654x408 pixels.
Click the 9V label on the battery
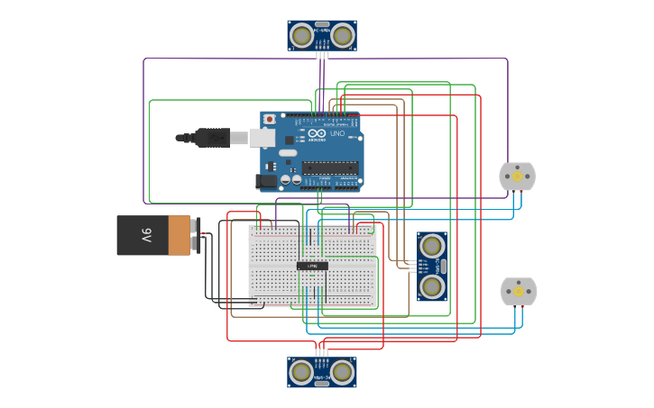[146, 235]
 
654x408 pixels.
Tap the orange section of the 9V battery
[180, 235]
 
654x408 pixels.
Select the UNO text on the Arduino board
[336, 133]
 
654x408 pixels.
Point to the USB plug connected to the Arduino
[212, 138]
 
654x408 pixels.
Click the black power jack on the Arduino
[266, 181]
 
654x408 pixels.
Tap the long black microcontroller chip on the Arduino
[330, 167]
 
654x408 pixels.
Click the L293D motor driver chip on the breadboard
[312, 266]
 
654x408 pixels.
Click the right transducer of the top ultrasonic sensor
[342, 35]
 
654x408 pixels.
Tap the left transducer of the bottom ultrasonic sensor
[301, 371]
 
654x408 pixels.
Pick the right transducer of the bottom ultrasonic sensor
[342, 371]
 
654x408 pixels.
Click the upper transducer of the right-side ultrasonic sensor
[432, 245]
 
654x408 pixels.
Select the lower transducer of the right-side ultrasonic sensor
[432, 287]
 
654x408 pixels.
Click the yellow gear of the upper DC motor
[517, 177]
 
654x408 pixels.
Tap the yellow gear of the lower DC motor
[518, 291]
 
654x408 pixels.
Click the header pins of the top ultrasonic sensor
[322, 55]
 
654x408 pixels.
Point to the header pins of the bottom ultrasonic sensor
[322, 352]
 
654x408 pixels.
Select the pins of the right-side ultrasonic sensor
[412, 266]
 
